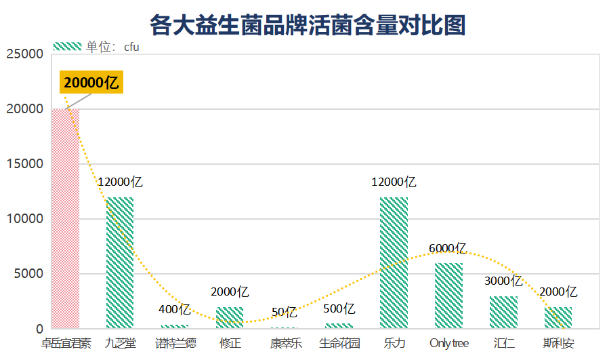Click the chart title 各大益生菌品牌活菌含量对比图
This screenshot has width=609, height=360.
pyautogui.click(x=308, y=25)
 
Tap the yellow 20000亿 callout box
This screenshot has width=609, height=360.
pyautogui.click(x=91, y=82)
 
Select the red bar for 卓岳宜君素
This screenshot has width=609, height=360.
pyautogui.click(x=66, y=218)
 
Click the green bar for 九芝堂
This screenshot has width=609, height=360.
pyautogui.click(x=120, y=263)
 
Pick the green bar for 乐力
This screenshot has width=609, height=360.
pyautogui.click(x=394, y=263)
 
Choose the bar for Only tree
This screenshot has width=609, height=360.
pyautogui.click(x=448, y=296)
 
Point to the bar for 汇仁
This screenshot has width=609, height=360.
pyautogui.click(x=503, y=312)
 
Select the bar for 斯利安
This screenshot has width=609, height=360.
pyautogui.click(x=558, y=317)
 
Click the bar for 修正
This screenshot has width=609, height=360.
pyautogui.click(x=230, y=317)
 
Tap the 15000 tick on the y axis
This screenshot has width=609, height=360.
pyautogui.click(x=25, y=163)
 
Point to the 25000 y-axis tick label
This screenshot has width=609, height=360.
pyautogui.click(x=25, y=54)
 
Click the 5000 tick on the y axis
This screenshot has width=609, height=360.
pyautogui.click(x=28, y=274)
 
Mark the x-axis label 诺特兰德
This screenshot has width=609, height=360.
pyautogui.click(x=175, y=343)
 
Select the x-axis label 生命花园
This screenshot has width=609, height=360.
pyautogui.click(x=339, y=343)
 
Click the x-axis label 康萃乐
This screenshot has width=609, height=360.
pyautogui.click(x=286, y=343)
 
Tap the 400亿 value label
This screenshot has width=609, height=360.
pyautogui.click(x=174, y=309)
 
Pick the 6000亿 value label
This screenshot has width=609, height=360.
pyautogui.click(x=447, y=248)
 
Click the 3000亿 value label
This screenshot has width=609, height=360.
pyautogui.click(x=503, y=281)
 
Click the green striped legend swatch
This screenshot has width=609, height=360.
pyautogui.click(x=67, y=46)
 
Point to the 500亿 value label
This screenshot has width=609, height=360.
pyautogui.click(x=339, y=308)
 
